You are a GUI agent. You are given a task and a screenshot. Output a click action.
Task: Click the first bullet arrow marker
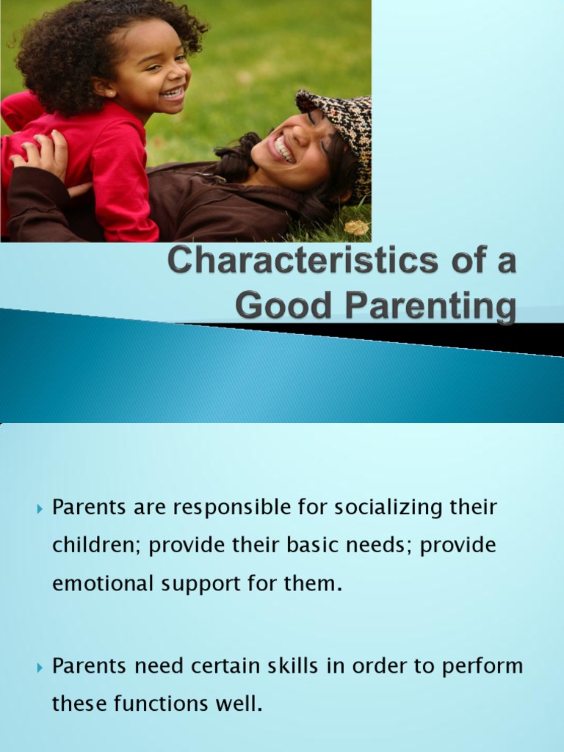[x=40, y=508]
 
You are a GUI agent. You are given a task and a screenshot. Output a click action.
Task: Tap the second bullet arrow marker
[x=40, y=667]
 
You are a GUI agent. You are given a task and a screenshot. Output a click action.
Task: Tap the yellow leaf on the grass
[x=356, y=228]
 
